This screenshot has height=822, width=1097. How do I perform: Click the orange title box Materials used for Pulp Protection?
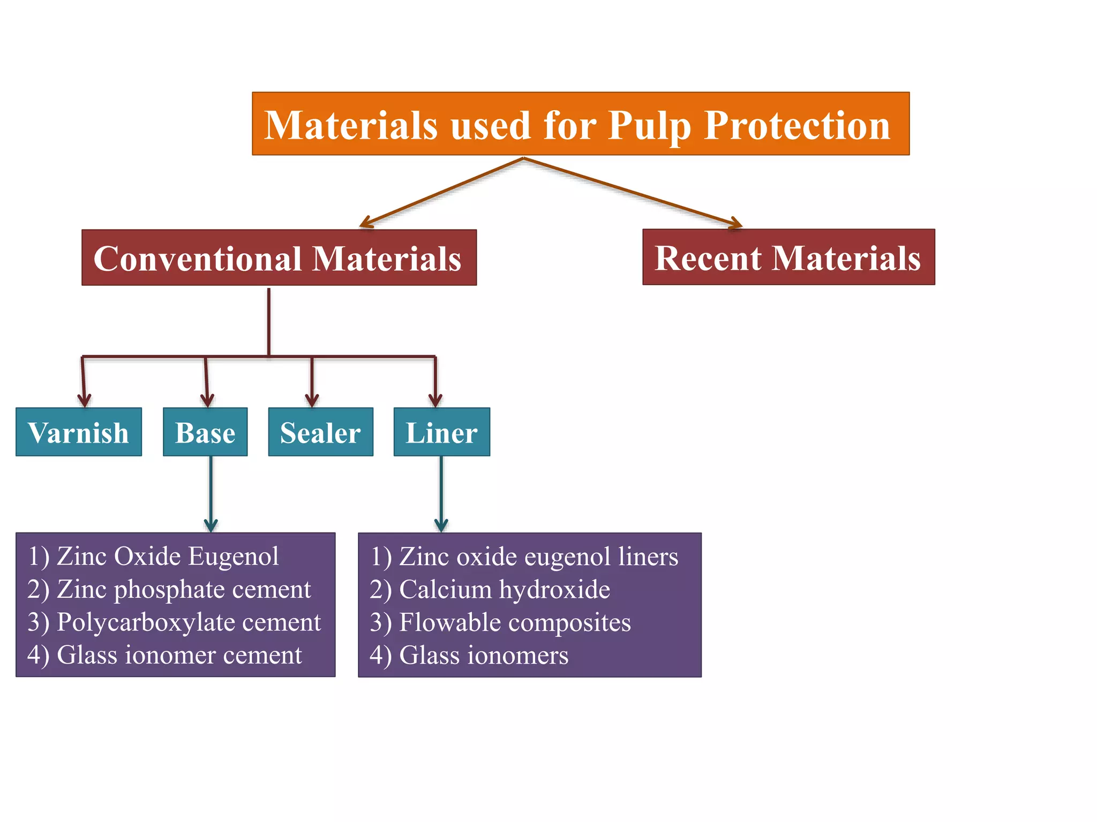[x=581, y=124]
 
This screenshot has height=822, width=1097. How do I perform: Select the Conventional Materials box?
[x=279, y=257]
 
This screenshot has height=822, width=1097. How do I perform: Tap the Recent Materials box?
[x=788, y=257]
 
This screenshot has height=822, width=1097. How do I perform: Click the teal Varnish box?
[x=79, y=432]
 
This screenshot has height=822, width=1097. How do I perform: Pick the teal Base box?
[x=205, y=432]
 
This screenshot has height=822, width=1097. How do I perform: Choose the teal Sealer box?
[x=320, y=432]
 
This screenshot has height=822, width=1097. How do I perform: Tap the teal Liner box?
[x=441, y=432]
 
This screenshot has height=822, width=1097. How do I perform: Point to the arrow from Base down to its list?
[x=211, y=492]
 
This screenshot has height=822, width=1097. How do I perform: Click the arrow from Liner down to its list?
[x=441, y=492]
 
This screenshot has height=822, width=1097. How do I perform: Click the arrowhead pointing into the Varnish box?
[x=84, y=399]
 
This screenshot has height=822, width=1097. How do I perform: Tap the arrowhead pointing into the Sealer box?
[x=312, y=399]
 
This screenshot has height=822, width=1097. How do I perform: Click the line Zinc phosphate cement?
[x=169, y=589]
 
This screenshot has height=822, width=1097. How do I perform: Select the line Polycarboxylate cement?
[x=174, y=622]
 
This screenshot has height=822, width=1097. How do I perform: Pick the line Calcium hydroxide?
[x=490, y=589]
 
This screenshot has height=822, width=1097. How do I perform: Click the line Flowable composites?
[x=500, y=622]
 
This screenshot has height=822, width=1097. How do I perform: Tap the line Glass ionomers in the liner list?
[x=469, y=655]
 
